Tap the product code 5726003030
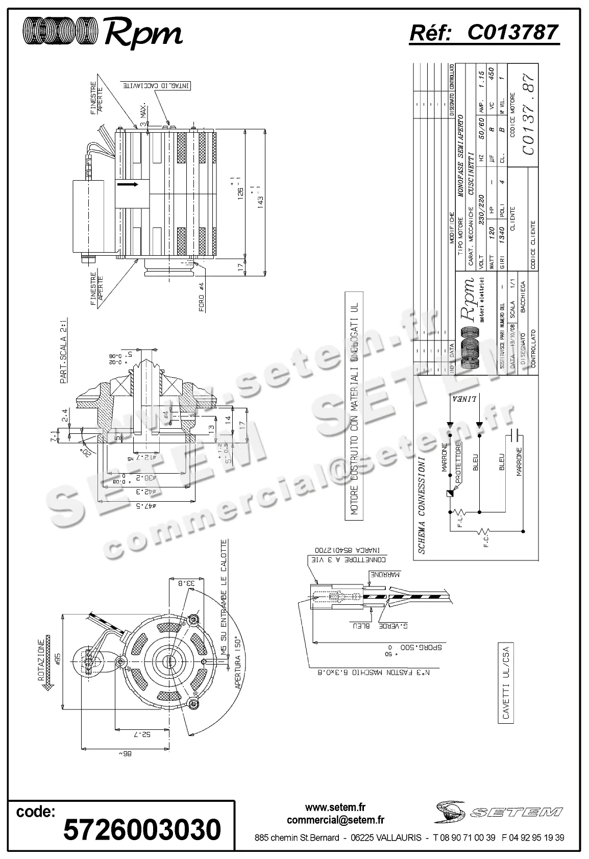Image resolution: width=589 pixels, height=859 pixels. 142,828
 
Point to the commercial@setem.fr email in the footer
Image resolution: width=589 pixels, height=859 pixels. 335,820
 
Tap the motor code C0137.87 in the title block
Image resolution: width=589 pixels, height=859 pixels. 528,114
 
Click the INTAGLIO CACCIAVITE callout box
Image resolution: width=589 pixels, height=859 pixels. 155,85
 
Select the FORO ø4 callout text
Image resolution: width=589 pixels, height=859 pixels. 202,297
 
